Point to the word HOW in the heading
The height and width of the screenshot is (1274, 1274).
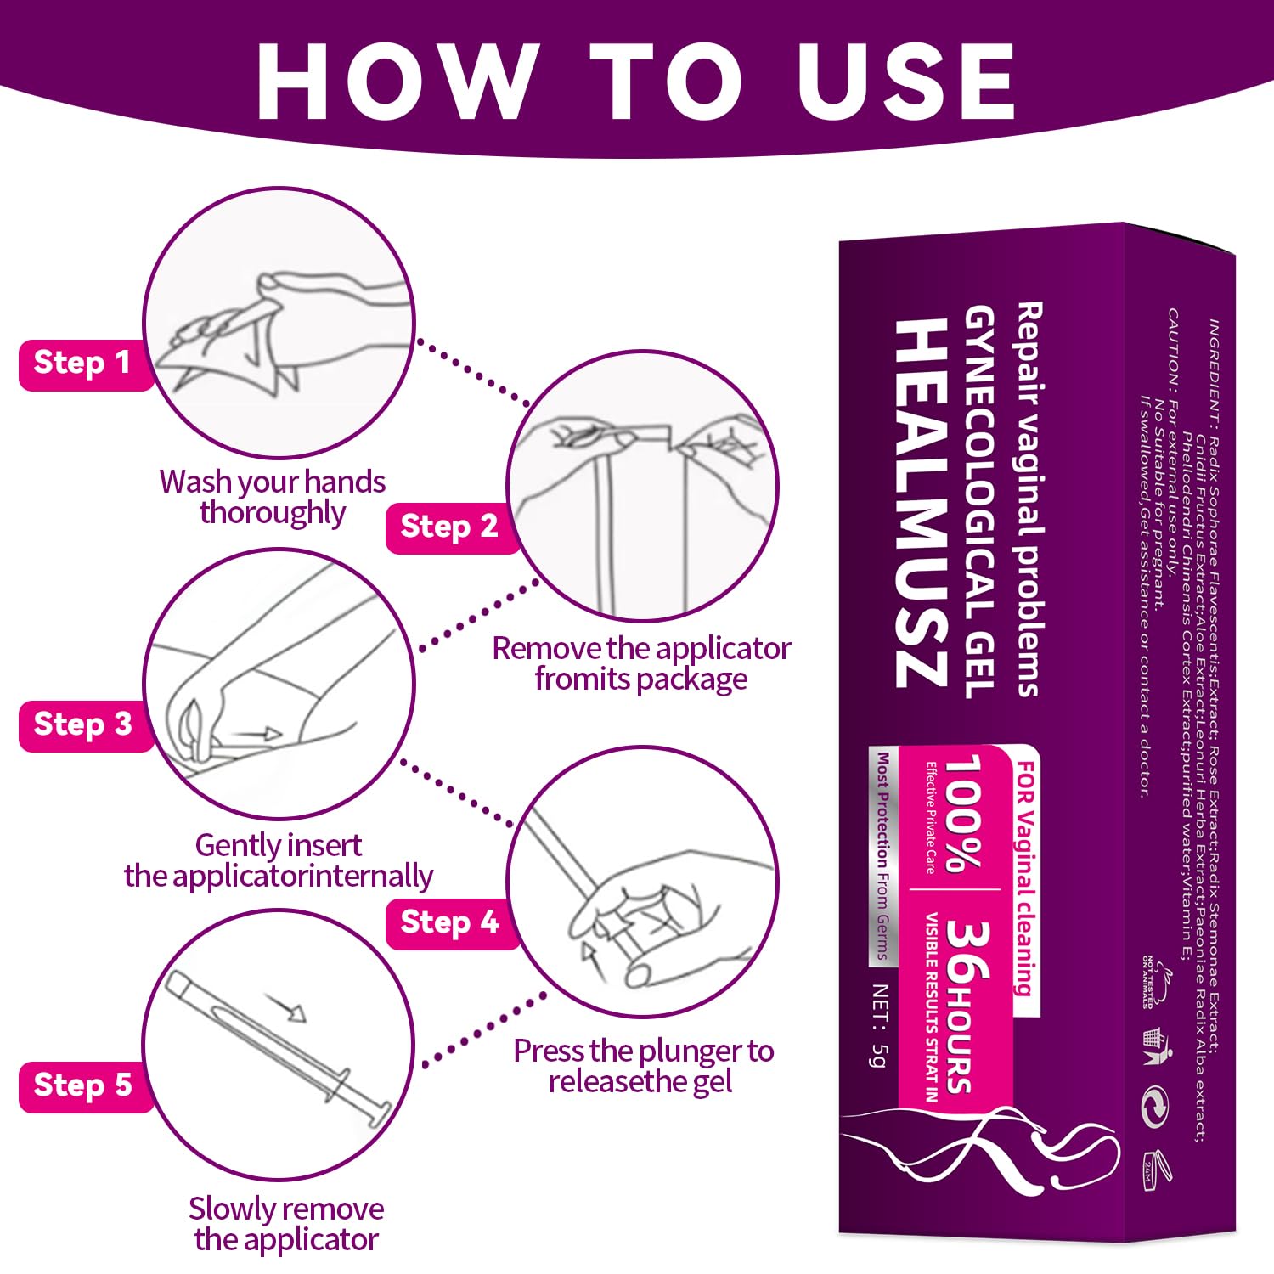397,82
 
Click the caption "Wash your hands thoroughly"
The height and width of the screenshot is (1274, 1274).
273,497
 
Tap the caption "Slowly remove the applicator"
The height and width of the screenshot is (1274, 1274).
286,1224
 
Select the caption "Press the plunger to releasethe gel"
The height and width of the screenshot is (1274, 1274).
643,1066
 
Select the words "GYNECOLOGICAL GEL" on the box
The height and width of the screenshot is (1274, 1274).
979,501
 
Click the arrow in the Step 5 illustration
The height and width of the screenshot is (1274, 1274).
285,1007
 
